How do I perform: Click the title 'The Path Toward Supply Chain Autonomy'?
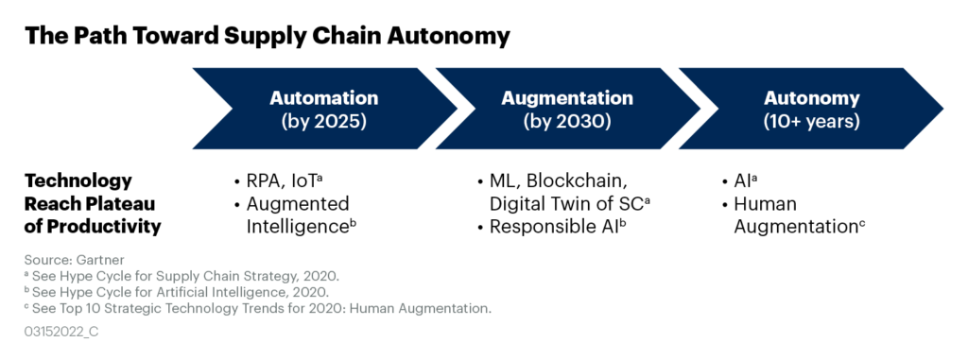pos(267,37)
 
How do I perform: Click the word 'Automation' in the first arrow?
pos(323,98)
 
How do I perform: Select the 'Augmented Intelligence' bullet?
pos(297,215)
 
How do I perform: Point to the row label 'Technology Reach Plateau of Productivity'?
pos(92,203)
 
